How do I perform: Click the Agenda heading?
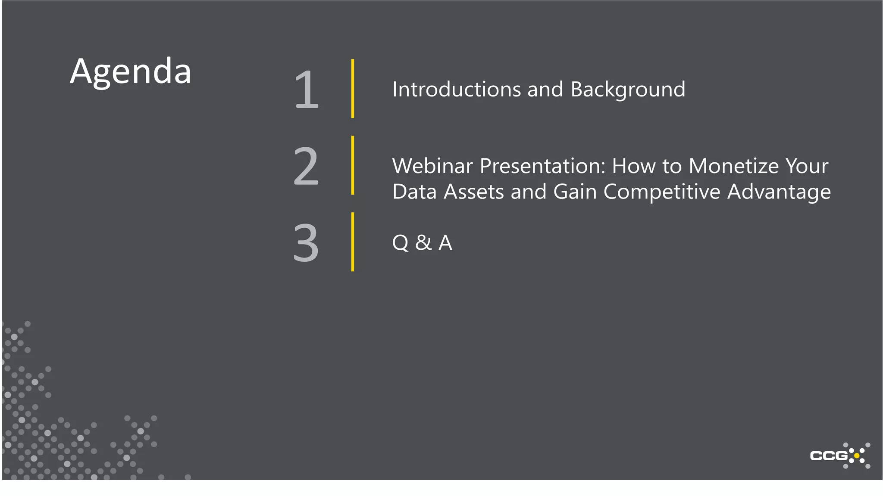pos(130,72)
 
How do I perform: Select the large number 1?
pos(307,90)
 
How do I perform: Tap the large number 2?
pos(306,166)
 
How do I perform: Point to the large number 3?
pos(306,242)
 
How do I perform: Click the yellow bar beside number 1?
pos(353,89)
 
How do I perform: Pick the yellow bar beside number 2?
pos(353,165)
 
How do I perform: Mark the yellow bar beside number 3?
pos(353,242)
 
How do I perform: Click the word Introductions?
pos(456,90)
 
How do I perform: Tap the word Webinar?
pos(432,166)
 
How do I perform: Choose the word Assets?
pos(474,192)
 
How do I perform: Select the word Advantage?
pos(779,192)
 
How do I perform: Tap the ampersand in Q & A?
pos(423,242)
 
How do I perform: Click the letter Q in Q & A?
pos(400,243)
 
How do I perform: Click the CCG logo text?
pos(829,456)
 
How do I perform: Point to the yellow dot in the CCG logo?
pos(857,456)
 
